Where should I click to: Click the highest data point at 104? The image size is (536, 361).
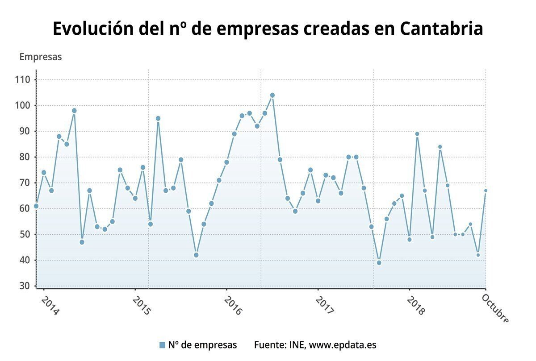coord(272,95)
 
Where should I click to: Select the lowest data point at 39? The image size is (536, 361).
coord(379,263)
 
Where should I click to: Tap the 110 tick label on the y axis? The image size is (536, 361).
coord(22,80)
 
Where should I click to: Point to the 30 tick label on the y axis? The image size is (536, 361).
coord(24,286)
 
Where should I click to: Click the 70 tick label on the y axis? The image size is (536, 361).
coord(24,183)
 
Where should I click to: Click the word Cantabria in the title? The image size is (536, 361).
coord(441,29)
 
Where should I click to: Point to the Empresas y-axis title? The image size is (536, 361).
coord(41,57)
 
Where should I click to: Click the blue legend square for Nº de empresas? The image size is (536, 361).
coord(162,345)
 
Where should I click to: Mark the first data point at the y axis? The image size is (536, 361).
coord(36,206)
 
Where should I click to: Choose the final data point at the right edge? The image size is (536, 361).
coord(486,191)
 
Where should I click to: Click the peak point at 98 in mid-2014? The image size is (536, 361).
coord(74,111)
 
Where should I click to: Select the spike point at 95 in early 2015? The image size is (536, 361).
coord(158,118)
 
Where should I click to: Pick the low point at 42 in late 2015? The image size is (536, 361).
coord(196,255)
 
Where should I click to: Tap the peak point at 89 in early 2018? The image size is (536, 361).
coord(417,134)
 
